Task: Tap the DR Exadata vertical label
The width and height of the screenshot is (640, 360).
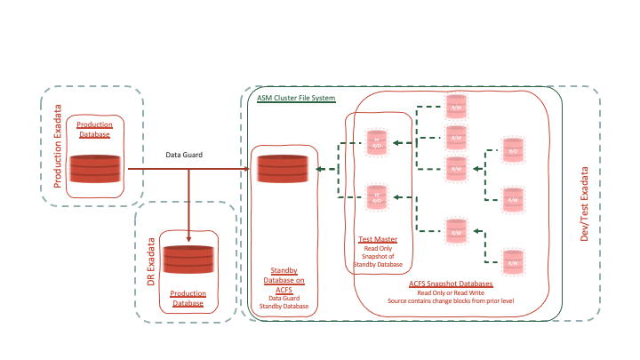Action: click(151, 259)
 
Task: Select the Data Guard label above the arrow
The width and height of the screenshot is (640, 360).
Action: click(184, 156)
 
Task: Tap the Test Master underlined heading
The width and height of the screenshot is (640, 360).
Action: click(378, 239)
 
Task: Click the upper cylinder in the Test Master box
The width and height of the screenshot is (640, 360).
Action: click(377, 144)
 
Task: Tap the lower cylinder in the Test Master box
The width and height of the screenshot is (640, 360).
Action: click(377, 196)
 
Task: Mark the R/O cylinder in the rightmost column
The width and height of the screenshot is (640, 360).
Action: click(512, 150)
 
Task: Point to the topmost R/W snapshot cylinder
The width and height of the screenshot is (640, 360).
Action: click(456, 107)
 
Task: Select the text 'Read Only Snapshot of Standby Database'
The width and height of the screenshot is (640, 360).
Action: click(378, 256)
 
